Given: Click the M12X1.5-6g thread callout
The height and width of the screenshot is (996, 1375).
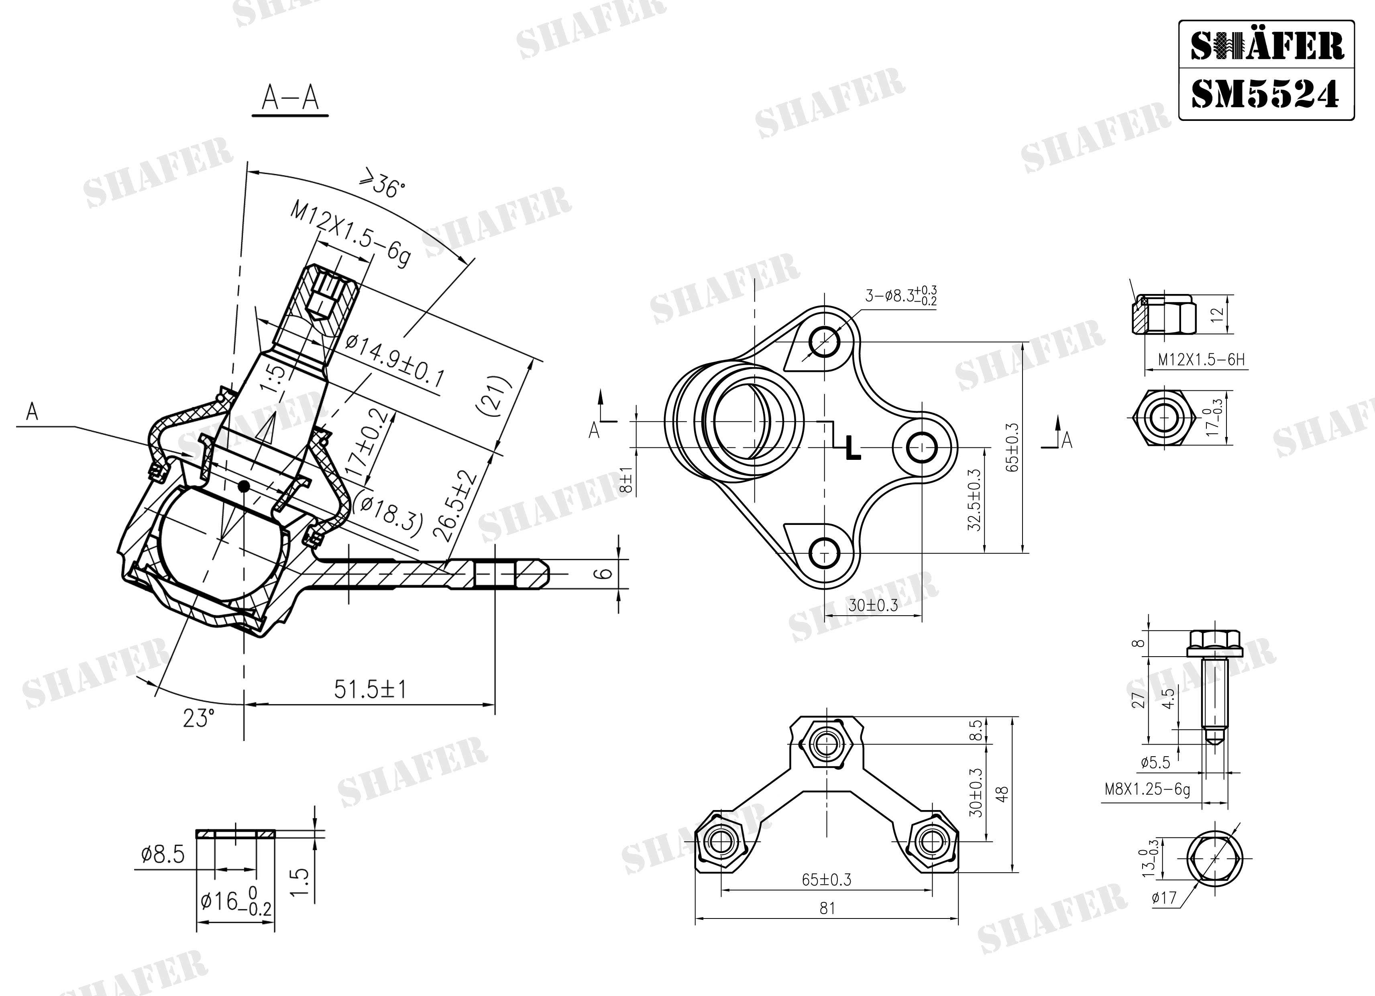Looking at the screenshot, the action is [351, 235].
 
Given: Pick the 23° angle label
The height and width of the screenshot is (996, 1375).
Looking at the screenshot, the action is [199, 719].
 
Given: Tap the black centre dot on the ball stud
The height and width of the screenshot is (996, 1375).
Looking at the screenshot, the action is [244, 486].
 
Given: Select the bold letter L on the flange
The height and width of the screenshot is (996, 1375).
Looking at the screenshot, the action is [853, 447].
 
